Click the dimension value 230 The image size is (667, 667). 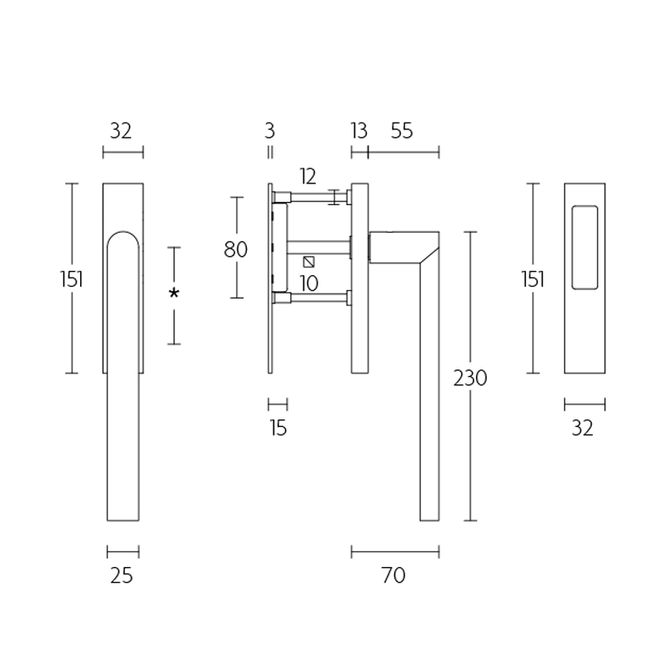pyautogui.click(x=470, y=378)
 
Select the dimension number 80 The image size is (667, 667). pyautogui.click(x=236, y=248)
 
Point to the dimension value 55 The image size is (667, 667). pyautogui.click(x=401, y=131)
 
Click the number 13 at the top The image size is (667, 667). pyautogui.click(x=359, y=131)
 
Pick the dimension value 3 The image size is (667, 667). pyautogui.click(x=269, y=131)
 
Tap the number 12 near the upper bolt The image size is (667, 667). pyautogui.click(x=308, y=176)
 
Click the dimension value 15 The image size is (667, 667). pyautogui.click(x=278, y=429)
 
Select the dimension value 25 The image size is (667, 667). pyautogui.click(x=122, y=574)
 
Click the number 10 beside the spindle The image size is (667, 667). pyautogui.click(x=308, y=283)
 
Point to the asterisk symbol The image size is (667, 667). pyautogui.click(x=173, y=294)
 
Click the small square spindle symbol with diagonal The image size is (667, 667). pyautogui.click(x=308, y=261)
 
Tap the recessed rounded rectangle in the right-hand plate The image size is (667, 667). pyautogui.click(x=584, y=246)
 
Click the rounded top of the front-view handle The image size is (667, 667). pyautogui.click(x=123, y=237)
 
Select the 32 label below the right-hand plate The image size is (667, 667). pyautogui.click(x=583, y=429)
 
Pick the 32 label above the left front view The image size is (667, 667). pyautogui.click(x=122, y=131)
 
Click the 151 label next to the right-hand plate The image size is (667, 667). pyautogui.click(x=532, y=278)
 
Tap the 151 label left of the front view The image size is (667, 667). pyautogui.click(x=71, y=278)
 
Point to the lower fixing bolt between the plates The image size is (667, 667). pyautogui.click(x=317, y=296)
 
